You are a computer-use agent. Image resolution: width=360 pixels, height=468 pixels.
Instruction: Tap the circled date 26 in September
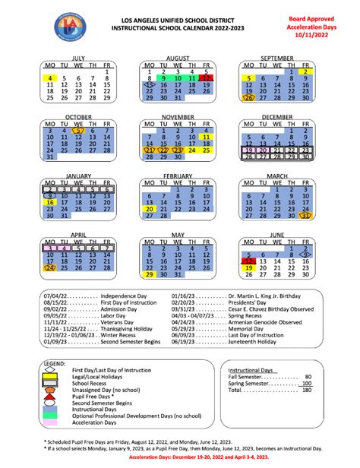pyautogui.click(x=249, y=97)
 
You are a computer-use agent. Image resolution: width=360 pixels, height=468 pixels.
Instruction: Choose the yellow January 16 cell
pyautogui.click(x=50, y=203)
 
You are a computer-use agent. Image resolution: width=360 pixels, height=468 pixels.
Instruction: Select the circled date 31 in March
pyautogui.click(x=307, y=216)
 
